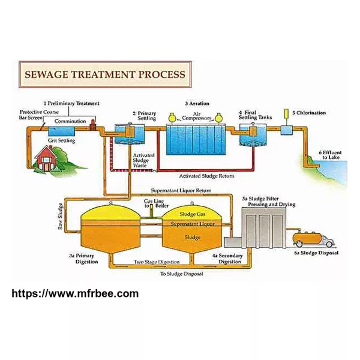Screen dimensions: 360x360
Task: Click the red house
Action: pos(46,158)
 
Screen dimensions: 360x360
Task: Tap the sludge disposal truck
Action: pos(313,239)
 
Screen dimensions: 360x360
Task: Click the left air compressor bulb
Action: pos(172,118)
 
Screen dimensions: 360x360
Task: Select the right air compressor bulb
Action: pos(219,118)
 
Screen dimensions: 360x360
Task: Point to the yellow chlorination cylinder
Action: pos(286,113)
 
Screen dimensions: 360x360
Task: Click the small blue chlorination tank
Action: pos(287,130)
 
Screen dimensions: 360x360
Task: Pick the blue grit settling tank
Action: pos(62,132)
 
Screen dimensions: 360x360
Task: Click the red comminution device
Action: pos(92,125)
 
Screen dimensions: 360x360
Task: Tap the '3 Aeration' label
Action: pos(197,104)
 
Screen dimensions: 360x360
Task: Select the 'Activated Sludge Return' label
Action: pos(206,176)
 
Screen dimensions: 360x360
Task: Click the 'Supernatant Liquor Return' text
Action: pos(181,190)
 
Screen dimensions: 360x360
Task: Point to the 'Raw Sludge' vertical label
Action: pos(60,216)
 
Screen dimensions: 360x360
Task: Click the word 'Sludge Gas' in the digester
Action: pos(193,214)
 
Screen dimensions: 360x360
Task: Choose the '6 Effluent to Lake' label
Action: pos(330,155)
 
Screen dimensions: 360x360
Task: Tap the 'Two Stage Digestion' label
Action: pos(157,262)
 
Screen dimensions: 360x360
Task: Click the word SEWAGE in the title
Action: pos(47,74)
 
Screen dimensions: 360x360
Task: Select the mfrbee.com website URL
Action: pos(75,293)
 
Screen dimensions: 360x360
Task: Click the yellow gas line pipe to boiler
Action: pos(151,211)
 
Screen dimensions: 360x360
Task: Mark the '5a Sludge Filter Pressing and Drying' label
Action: pos(269,202)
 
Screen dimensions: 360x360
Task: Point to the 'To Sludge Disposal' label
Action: pos(182,274)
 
